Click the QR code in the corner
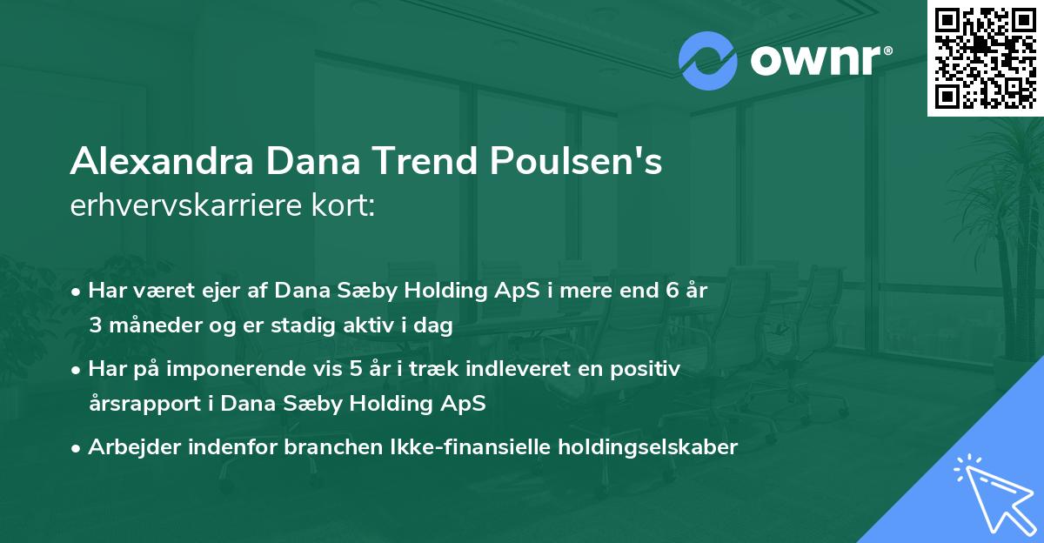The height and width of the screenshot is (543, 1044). tap(985, 57)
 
